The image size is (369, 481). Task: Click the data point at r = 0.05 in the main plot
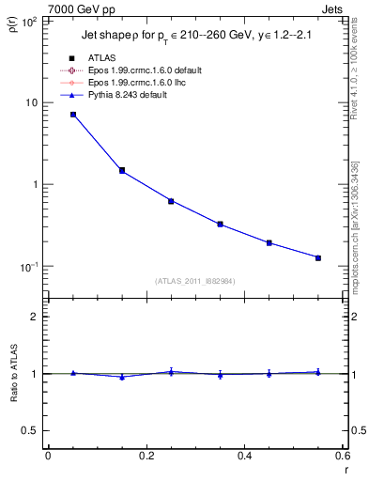73,115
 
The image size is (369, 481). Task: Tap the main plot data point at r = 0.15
122,171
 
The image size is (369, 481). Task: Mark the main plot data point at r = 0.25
171,201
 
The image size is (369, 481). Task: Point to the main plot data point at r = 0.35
220,225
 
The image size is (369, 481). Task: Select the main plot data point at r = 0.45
269,242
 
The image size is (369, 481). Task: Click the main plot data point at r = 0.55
318,257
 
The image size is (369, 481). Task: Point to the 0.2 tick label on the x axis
146,456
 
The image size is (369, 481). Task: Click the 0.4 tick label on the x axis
244,456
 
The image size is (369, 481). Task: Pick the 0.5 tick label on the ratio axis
34,430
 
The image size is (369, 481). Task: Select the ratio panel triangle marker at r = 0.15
122,377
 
